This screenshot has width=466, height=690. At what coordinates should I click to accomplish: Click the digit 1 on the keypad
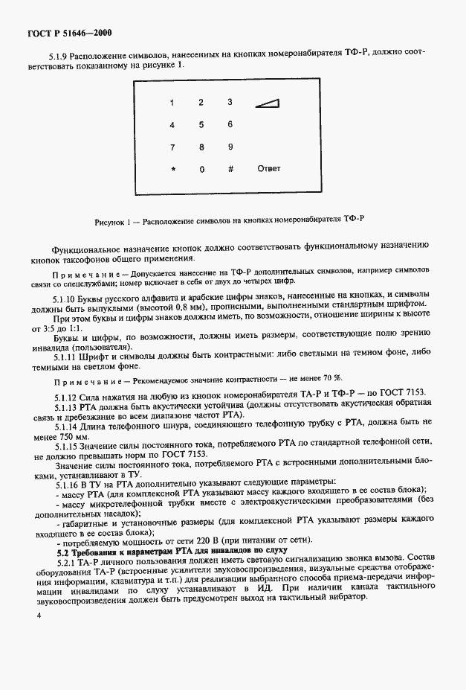pyautogui.click(x=172, y=102)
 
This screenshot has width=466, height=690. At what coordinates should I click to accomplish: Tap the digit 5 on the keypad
pyautogui.click(x=201, y=124)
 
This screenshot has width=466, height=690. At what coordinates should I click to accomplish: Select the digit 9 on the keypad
pyautogui.click(x=230, y=147)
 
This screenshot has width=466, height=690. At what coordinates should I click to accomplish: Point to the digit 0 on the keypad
pyautogui.click(x=201, y=169)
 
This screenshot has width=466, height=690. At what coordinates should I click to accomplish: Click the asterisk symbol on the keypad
pyautogui.click(x=172, y=170)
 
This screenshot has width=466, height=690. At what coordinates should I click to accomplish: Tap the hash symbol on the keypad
pyautogui.click(x=230, y=169)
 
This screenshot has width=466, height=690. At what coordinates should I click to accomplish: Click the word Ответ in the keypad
pyautogui.click(x=268, y=168)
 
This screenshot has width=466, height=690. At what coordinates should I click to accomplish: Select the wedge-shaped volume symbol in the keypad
pyautogui.click(x=268, y=103)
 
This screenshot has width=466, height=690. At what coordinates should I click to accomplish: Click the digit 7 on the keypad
pyautogui.click(x=172, y=147)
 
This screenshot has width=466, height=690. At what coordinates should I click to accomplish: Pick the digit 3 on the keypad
pyautogui.click(x=230, y=102)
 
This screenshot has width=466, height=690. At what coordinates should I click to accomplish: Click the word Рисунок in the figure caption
pyautogui.click(x=111, y=221)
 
